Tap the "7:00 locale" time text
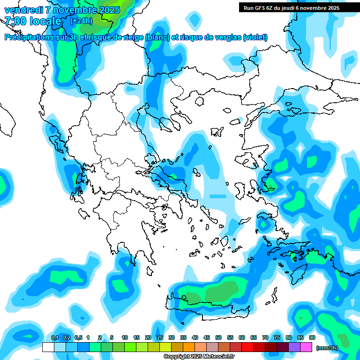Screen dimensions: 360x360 [33, 21]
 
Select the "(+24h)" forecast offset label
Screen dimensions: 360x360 [81, 21]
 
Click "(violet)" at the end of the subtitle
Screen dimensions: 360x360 [255, 37]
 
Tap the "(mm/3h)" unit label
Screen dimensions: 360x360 [327, 348]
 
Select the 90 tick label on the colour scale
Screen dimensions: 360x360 [312, 337]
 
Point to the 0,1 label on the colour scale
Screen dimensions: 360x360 [55, 337]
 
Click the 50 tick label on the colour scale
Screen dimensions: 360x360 [218, 337]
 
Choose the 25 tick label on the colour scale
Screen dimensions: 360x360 [160, 337]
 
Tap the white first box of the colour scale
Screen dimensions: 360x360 [48, 347]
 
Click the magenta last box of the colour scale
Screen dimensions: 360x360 [306, 347]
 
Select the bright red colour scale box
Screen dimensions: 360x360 [247, 347]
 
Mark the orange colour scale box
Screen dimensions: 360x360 [189, 347]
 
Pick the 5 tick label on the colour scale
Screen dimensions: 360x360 [112, 337]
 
